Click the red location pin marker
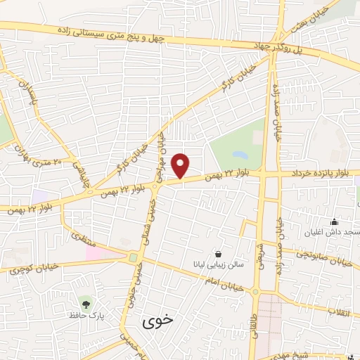181,165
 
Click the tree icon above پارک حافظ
86,304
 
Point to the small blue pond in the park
240,154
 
